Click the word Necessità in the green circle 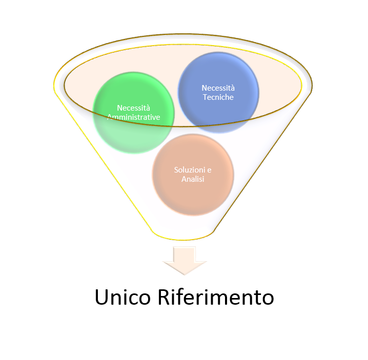(133, 108)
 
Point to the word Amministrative (133, 117)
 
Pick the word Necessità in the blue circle (218, 88)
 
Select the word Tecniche (218, 97)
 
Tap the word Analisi (193, 179)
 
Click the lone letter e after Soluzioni (209, 170)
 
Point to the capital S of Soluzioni (176, 170)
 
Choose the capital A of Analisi (183, 179)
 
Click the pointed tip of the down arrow (184, 274)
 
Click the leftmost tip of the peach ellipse (66, 85)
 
